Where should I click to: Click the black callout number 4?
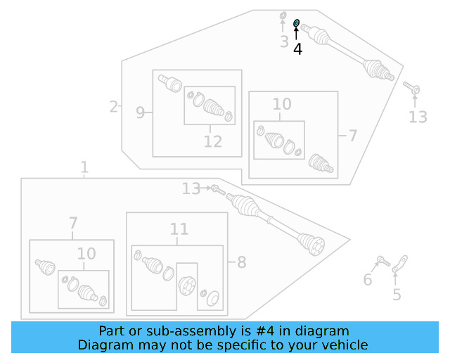point(297,49)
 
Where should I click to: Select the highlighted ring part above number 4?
point(296,23)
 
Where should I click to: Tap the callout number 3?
point(284,42)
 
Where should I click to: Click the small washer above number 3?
point(283,15)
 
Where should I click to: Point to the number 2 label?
point(113,107)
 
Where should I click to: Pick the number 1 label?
point(84,167)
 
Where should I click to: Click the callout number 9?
point(140,112)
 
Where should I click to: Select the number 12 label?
point(212,142)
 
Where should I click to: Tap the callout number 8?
point(241,263)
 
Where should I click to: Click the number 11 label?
point(179,229)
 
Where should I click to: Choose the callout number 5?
point(397,295)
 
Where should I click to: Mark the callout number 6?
point(367,281)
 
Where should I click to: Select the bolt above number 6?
point(383,262)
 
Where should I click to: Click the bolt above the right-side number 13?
point(412,89)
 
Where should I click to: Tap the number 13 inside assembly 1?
point(191,188)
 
